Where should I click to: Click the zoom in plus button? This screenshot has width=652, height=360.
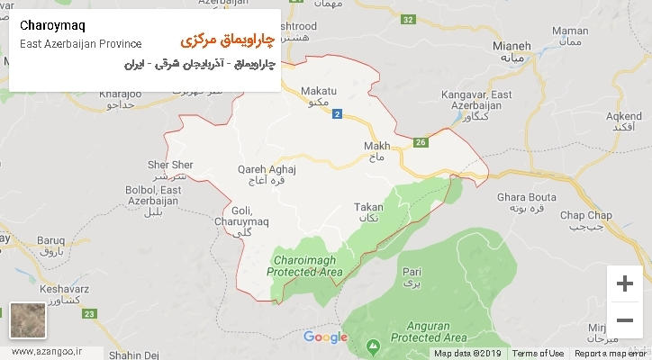pyautogui.click(x=623, y=283)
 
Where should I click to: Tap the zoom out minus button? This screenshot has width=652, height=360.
pyautogui.click(x=623, y=319)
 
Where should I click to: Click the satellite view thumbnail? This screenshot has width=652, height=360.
pyautogui.click(x=28, y=321)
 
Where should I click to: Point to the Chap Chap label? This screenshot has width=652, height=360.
pyautogui.click(x=585, y=213)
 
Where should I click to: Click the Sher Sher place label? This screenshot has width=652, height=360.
pyautogui.click(x=169, y=166)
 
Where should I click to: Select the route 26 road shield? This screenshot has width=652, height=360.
pyautogui.click(x=421, y=141)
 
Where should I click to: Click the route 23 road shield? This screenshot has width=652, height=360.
pyautogui.click(x=88, y=312)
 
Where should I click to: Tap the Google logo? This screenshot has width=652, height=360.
pyautogui.click(x=325, y=337)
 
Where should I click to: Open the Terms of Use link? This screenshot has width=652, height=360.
pyautogui.click(x=543, y=354)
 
